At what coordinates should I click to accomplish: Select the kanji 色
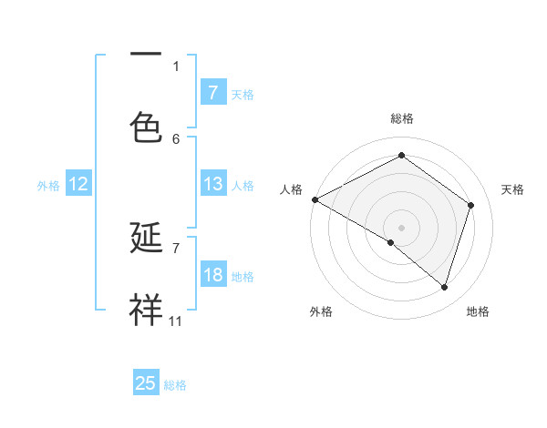pos(146,127)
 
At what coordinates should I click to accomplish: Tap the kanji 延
pos(146,239)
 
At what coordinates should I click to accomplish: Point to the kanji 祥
pos(146,311)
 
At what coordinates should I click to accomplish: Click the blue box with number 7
pos(212,92)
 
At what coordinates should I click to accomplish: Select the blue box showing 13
pos(212,184)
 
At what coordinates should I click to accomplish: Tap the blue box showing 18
pos(212,275)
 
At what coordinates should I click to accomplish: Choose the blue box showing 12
pos(78,184)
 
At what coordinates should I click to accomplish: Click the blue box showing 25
pos(146,383)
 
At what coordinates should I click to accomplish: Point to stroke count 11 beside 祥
pos(176,321)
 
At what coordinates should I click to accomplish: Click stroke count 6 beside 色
pos(176,138)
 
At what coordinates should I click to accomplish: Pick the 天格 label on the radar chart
pos(513,189)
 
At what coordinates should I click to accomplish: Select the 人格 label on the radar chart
pos(291,189)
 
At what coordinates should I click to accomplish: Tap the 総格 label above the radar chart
pos(402,118)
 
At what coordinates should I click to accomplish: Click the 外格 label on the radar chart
pos(321,311)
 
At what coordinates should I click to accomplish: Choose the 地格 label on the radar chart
pos(478,311)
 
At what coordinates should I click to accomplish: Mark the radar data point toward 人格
pos(315,199)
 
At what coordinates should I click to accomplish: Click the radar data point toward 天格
pos(471,205)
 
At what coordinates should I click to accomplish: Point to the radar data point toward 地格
pos(444,287)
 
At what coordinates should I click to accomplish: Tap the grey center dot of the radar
pos(402,227)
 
